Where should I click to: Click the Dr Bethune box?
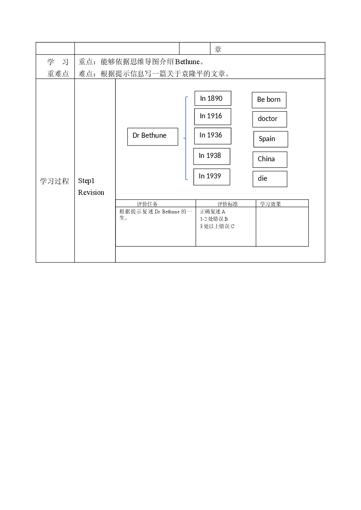pos(152,137)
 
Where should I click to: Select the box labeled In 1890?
pos(213,98)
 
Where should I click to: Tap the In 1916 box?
pos(213,117)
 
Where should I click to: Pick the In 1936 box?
pos(213,136)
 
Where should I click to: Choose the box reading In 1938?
pos(212,157)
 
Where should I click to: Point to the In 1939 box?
pos(212,177)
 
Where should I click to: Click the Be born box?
pos(269,100)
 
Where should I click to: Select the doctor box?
pos(270,119)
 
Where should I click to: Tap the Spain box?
pos(271,139)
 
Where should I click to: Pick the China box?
pos(270,160)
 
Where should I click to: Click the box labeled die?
pos(270,179)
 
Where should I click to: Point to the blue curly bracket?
pos(186,138)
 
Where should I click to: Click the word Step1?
pos(86,181)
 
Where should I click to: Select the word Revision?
pos(91,193)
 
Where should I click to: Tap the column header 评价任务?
pos(147,204)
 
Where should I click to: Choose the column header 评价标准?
pos(228,204)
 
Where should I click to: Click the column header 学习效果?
pos(270,204)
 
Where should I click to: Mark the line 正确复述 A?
pos(213,212)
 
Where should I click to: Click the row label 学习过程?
pos(54,181)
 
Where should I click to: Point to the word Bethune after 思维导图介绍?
pos(187,62)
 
